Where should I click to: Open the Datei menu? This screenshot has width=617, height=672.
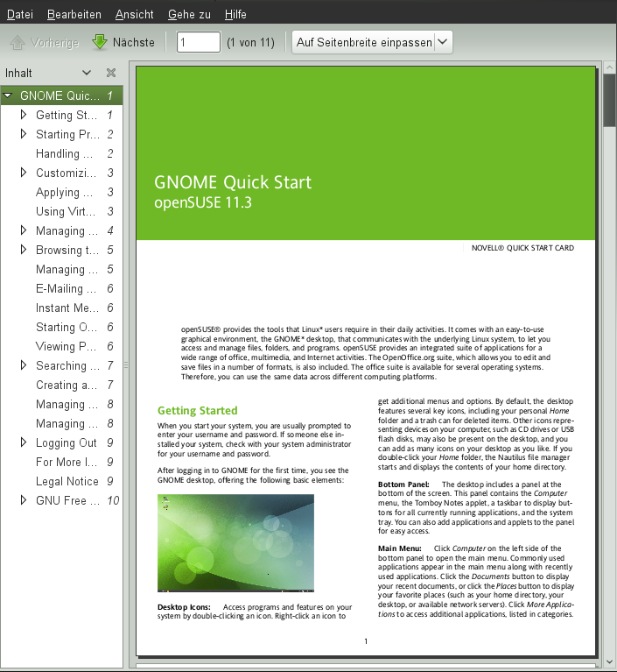pos(20,15)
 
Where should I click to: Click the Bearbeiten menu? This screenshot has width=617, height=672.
pos(74,15)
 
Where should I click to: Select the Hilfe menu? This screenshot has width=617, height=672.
pos(235,15)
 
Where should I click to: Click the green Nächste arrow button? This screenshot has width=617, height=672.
pos(123,42)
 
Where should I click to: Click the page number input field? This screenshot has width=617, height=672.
pos(198,42)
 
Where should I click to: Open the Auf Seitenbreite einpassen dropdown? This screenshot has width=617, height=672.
pos(372,42)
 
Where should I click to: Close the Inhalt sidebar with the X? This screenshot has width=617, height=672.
pos(111,73)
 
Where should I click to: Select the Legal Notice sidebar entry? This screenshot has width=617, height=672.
pos(67,481)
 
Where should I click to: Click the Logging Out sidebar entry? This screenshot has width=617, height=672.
pos(67,442)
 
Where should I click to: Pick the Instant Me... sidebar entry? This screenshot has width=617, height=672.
pos(67,308)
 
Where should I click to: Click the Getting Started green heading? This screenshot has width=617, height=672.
pos(197,410)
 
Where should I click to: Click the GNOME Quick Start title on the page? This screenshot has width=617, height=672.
pos(233,183)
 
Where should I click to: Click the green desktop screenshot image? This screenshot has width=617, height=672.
pos(235,542)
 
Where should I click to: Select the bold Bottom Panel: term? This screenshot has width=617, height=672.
pos(403,484)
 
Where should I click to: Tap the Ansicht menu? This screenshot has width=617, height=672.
pos(134,15)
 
